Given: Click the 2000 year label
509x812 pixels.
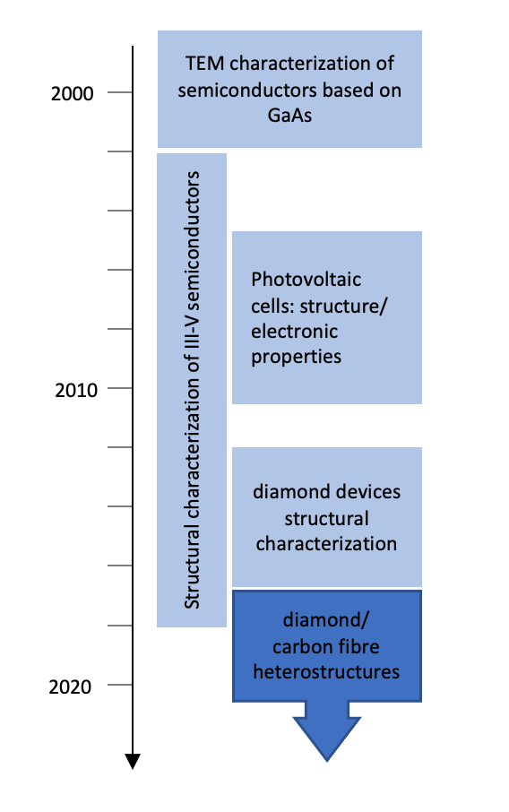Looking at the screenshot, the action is pos(72,94).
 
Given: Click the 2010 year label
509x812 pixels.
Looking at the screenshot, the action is pos(76,390).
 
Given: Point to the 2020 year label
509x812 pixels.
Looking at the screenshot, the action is pos(70,687).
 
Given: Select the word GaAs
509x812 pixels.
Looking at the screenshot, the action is pos(289,115).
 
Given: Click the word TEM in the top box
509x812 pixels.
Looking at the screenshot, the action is pos(205,63).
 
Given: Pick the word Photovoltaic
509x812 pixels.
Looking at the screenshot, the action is pos(306,280).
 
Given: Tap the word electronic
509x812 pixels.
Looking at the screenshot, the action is pos(294,332).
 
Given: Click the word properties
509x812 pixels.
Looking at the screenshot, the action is pos(297,358).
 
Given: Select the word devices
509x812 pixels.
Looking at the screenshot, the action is pos(367,491).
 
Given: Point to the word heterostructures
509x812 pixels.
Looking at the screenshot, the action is pos(326,671).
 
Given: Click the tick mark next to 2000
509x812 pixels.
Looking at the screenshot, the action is pos(120,92).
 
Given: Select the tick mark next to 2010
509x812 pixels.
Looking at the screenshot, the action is pos(120,388).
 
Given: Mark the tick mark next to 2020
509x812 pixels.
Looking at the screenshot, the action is pos(120,685).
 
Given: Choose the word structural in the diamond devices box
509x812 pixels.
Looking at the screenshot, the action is pos(326,518).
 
